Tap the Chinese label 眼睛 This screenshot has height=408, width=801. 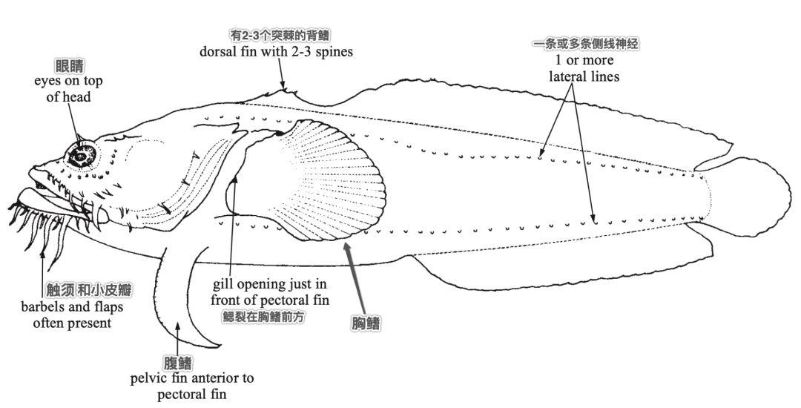[70, 66]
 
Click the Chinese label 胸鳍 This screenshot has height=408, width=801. [366, 323]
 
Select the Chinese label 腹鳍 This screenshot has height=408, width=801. [178, 363]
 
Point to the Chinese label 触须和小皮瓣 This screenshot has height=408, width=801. [89, 291]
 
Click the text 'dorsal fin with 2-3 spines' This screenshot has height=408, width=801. [276, 52]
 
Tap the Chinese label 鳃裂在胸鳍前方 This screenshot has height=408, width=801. [263, 317]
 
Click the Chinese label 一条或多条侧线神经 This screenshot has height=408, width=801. [585, 44]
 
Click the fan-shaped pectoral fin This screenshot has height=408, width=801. [327, 180]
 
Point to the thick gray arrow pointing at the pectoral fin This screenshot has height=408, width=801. [355, 277]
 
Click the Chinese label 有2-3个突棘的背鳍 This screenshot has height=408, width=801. [280, 35]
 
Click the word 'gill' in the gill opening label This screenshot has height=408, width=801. [222, 285]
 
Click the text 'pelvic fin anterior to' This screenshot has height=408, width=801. [192, 378]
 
